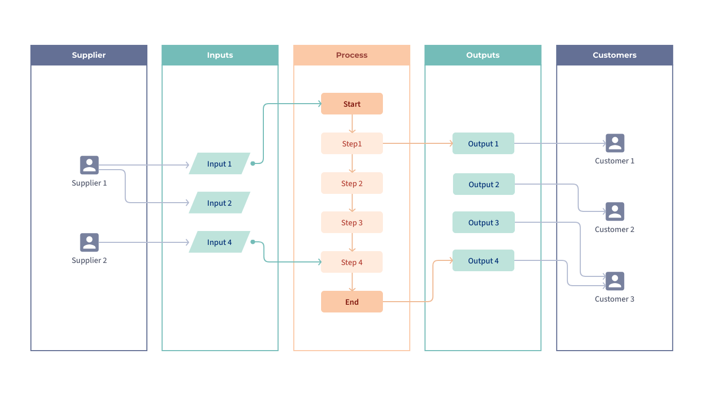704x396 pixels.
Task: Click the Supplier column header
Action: [89, 55]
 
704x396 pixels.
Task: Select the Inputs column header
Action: [220, 55]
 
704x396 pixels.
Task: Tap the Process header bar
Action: [351, 55]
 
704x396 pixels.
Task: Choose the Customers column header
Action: [614, 55]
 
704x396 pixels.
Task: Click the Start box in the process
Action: [352, 104]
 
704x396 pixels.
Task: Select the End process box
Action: [352, 302]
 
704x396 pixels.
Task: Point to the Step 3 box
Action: [352, 222]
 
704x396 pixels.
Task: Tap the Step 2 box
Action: [352, 183]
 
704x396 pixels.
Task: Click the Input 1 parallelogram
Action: [220, 163]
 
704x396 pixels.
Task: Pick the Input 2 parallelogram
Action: [220, 203]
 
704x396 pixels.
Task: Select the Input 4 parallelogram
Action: [220, 242]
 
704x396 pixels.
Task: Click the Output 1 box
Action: [483, 143]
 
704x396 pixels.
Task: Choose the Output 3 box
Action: [483, 222]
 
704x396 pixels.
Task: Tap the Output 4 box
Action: [483, 260]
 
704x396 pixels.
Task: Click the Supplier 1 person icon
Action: [89, 165]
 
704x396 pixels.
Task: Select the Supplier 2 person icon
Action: [89, 242]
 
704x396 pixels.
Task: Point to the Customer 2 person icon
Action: [615, 211]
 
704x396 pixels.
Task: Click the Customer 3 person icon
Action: [615, 281]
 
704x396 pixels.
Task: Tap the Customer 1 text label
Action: [614, 161]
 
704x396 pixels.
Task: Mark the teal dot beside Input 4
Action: [253, 242]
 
